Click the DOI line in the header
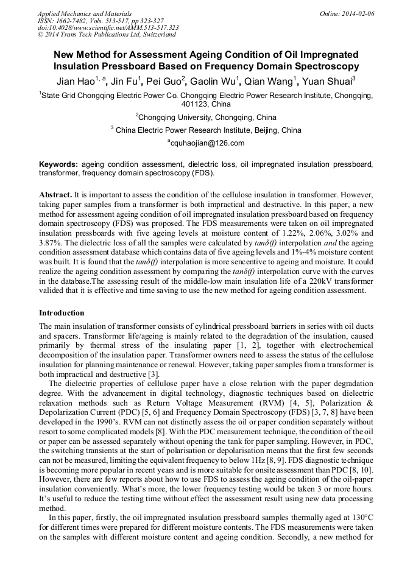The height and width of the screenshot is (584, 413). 108,27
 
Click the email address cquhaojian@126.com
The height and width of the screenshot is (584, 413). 207,143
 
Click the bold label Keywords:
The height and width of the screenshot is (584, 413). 58,164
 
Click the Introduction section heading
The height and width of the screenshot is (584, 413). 62,313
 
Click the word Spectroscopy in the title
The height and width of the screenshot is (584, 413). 327,66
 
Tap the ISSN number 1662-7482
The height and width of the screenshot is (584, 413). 76,21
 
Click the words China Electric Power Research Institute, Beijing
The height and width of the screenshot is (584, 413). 198,130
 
